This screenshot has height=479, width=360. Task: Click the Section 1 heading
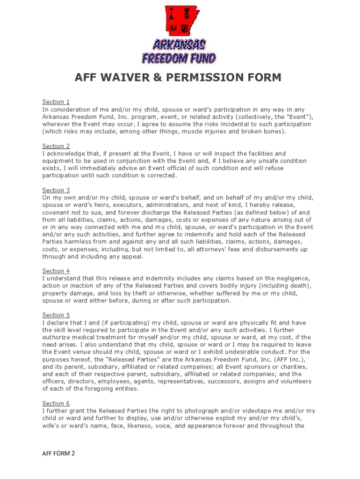56,102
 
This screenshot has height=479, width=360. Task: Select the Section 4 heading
56,271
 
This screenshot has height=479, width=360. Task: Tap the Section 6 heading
56,404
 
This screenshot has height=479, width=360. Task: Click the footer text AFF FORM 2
58,453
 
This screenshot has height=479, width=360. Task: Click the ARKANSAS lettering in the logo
179,45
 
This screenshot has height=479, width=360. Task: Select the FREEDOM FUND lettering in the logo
179,58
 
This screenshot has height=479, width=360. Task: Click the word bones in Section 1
273,131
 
